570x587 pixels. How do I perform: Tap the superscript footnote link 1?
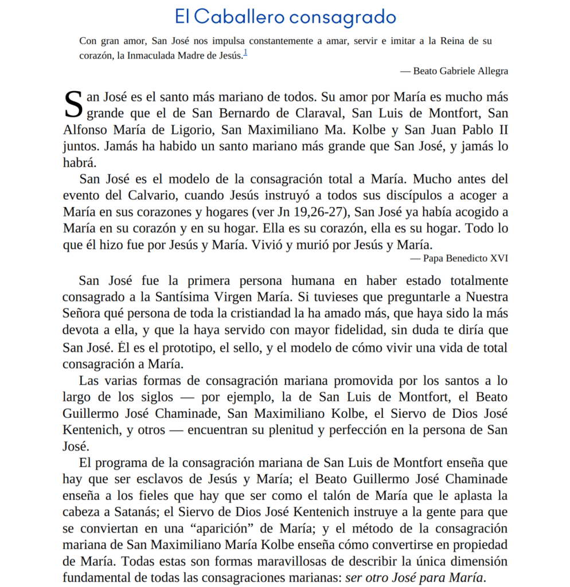pyautogui.click(x=245, y=54)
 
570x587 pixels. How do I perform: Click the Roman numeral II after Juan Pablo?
pyautogui.click(x=502, y=130)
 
